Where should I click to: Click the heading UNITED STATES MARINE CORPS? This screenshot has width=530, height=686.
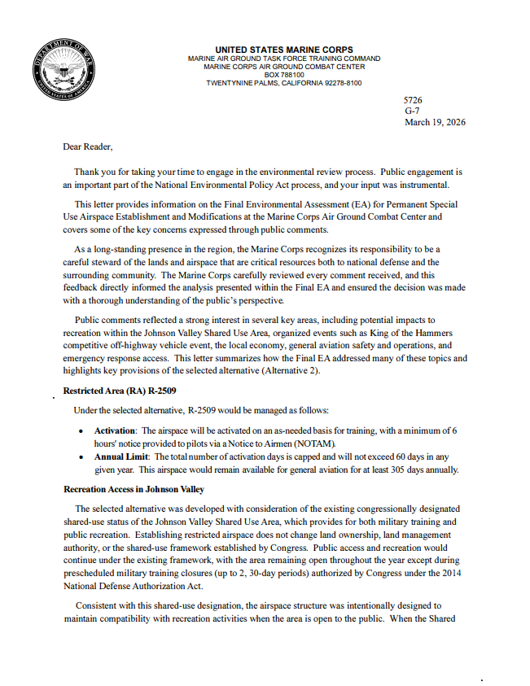(x=284, y=50)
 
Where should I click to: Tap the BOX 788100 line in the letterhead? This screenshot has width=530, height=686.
(x=284, y=75)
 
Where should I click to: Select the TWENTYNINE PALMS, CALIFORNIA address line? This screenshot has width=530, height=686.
(x=284, y=83)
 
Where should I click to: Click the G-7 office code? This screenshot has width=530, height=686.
(x=412, y=111)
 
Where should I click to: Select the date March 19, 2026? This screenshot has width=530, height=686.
(x=436, y=122)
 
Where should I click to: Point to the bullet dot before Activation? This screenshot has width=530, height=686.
(x=81, y=430)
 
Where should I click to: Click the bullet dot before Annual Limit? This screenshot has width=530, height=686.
(x=81, y=458)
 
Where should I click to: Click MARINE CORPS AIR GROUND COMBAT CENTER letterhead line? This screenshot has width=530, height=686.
(x=284, y=67)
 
